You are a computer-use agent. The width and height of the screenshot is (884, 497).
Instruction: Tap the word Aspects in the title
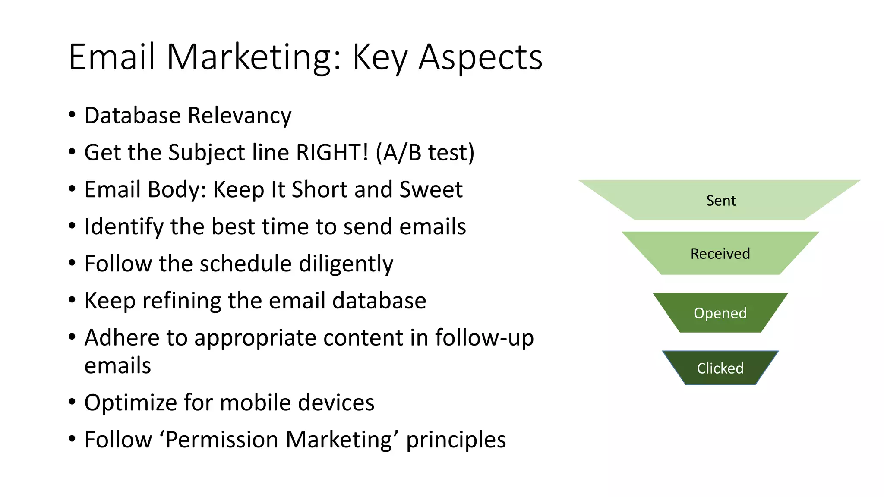pyautogui.click(x=480, y=57)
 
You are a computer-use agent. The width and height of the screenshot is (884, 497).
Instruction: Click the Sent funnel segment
pyautogui.click(x=720, y=201)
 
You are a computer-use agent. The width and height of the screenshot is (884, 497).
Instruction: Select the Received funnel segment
pyautogui.click(x=720, y=254)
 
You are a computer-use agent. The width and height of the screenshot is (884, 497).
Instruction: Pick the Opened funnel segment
pyautogui.click(x=720, y=313)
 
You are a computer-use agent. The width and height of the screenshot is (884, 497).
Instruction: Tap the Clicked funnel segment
pyautogui.click(x=720, y=368)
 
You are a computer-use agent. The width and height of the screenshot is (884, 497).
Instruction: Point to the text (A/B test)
pyautogui.click(x=425, y=152)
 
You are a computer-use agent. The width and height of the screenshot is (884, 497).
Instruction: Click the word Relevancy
pyautogui.click(x=240, y=116)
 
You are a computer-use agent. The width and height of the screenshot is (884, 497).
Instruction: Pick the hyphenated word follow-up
pyautogui.click(x=484, y=337)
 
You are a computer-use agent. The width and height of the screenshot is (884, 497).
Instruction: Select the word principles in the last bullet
pyautogui.click(x=456, y=440)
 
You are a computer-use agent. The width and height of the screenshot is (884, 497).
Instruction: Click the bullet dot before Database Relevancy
pyautogui.click(x=72, y=115)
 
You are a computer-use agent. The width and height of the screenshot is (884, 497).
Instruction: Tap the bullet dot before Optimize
pyautogui.click(x=72, y=402)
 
